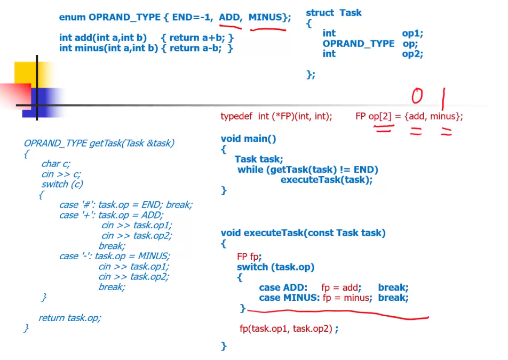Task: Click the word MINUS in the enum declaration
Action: point(265,17)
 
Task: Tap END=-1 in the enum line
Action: point(193,17)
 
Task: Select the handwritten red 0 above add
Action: point(417,96)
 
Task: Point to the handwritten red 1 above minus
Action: point(443,99)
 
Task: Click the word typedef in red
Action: point(236,117)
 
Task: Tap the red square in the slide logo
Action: point(15,96)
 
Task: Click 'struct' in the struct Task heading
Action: point(320,13)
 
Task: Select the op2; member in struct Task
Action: point(412,54)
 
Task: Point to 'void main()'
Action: point(249,139)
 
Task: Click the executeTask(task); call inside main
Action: point(327,180)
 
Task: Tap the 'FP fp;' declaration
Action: point(249,257)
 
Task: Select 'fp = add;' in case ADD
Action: point(341,287)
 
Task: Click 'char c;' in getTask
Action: point(55,164)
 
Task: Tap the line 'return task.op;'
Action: point(70,318)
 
